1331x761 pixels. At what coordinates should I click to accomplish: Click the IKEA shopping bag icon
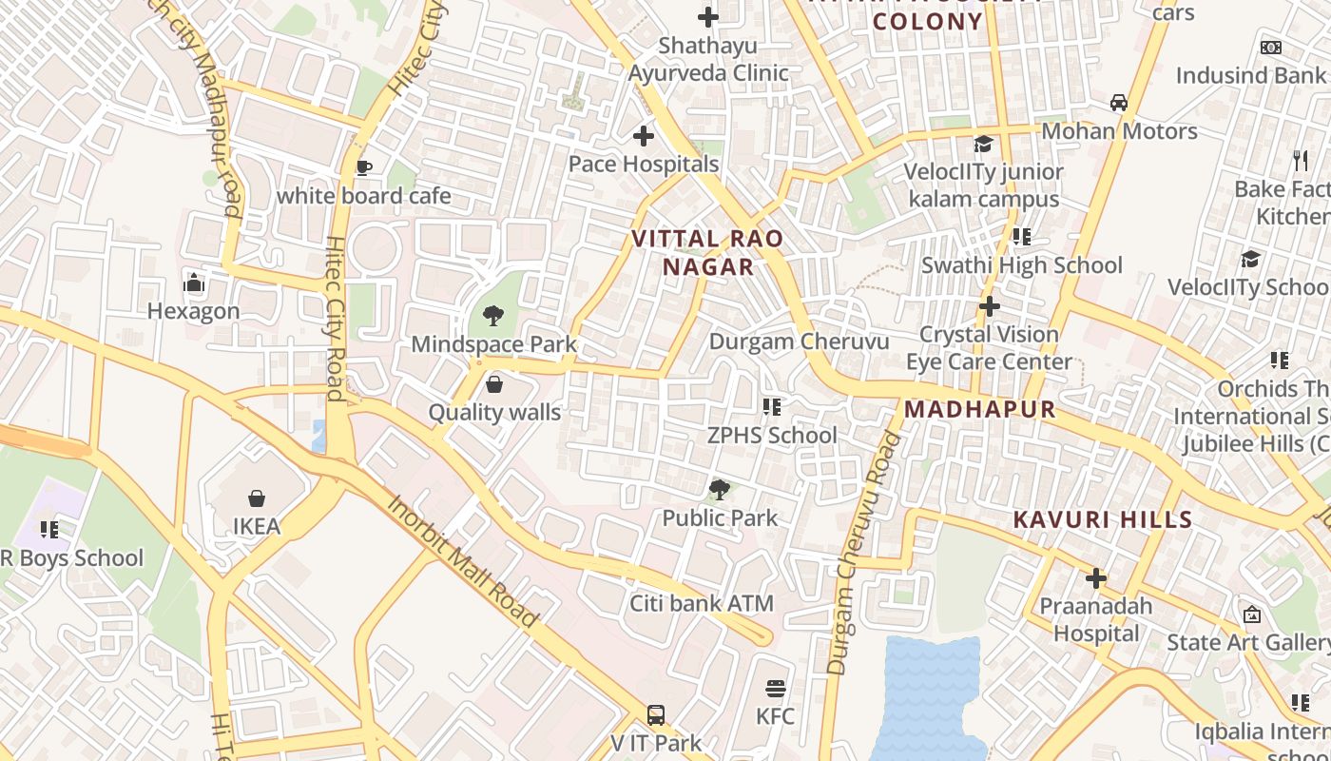click(256, 498)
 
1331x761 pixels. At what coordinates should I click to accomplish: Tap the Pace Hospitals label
click(644, 164)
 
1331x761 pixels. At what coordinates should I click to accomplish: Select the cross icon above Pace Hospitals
click(644, 136)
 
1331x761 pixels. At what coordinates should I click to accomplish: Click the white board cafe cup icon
click(363, 168)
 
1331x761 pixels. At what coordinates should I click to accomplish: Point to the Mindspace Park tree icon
click(493, 315)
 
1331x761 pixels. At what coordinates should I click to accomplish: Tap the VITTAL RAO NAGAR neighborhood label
click(708, 253)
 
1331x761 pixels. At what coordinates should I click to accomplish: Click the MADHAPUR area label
click(979, 409)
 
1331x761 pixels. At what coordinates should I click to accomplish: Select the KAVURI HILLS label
click(1102, 519)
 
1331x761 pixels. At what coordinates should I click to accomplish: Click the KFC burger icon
click(776, 688)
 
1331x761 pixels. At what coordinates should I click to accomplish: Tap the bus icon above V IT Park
click(655, 714)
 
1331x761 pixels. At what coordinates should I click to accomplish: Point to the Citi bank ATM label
click(702, 603)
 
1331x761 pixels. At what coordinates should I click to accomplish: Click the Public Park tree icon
click(720, 490)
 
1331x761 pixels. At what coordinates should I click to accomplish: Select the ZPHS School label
click(772, 435)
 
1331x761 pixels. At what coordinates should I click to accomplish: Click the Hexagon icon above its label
click(194, 283)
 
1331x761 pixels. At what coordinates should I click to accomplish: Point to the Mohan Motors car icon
click(1119, 103)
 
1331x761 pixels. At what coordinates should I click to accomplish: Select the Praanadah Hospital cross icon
click(1096, 577)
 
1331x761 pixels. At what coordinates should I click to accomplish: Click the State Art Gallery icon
click(1252, 615)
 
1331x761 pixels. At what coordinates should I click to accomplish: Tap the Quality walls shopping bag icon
click(494, 384)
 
